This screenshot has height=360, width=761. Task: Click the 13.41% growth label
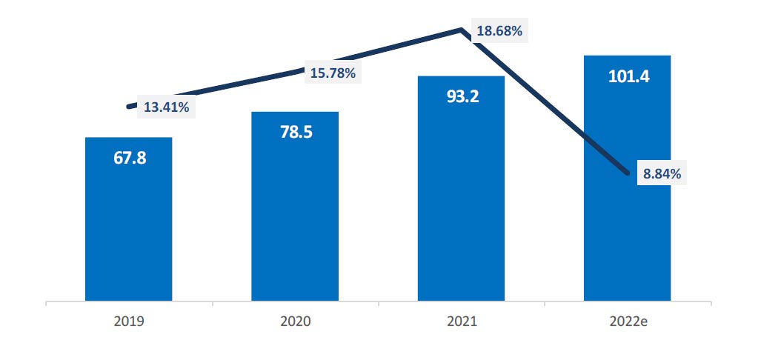click(166, 107)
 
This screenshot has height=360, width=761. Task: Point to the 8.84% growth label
click(662, 174)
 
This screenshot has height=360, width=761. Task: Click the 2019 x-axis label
click(129, 322)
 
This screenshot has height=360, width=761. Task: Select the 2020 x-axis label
click(295, 322)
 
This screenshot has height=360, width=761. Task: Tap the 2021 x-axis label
click(461, 322)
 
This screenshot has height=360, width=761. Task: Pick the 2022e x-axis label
click(628, 322)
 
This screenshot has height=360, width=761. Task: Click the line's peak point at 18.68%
click(462, 30)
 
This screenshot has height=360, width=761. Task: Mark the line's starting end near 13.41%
click(130, 107)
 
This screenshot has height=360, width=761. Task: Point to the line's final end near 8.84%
click(628, 176)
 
